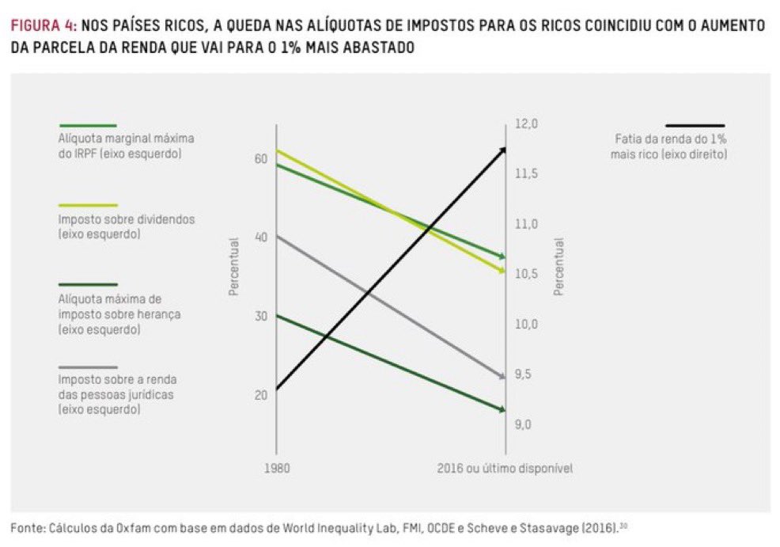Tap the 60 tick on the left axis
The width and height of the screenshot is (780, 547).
click(x=260, y=159)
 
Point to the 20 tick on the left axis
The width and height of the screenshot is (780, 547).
click(x=260, y=394)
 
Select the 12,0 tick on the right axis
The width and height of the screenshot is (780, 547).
click(x=527, y=123)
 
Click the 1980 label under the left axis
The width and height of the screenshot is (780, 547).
click(x=276, y=468)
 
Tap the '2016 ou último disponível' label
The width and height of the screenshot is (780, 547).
click(x=504, y=468)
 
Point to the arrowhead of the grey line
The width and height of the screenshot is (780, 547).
click(x=502, y=376)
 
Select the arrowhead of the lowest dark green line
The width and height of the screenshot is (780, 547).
click(x=502, y=409)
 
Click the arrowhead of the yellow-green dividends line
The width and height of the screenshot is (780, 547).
click(x=502, y=271)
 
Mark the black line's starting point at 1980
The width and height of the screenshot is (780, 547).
click(x=277, y=389)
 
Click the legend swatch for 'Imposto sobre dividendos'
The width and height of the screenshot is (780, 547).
click(x=88, y=204)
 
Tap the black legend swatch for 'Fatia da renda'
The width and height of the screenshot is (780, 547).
click(x=695, y=125)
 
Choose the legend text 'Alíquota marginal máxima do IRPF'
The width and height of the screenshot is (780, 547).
click(x=126, y=144)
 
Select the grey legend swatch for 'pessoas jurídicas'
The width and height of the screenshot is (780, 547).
click(x=88, y=367)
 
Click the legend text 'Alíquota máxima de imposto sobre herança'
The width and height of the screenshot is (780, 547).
click(x=119, y=313)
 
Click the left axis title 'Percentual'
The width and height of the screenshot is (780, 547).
click(x=233, y=267)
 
